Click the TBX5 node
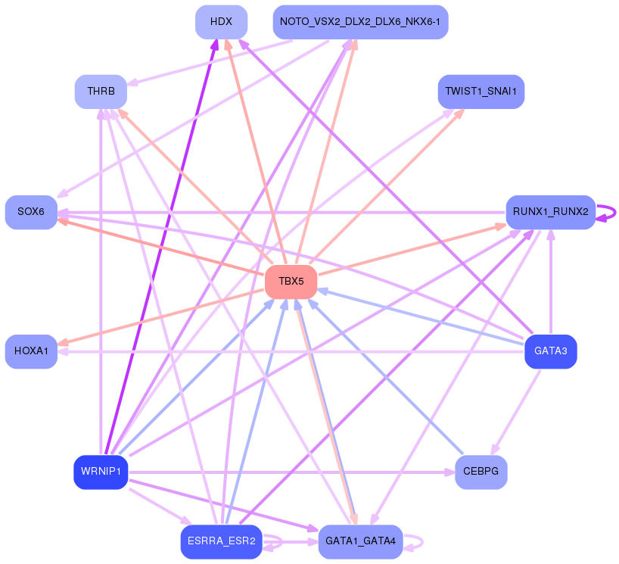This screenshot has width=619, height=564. [x=291, y=282]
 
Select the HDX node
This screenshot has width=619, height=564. [x=221, y=22]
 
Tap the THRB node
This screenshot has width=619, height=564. [x=101, y=92]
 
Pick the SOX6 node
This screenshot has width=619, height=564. [x=31, y=212]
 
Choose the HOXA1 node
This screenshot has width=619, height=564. [x=31, y=351]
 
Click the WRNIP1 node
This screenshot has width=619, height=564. [x=101, y=472]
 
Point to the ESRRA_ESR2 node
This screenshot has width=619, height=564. [x=221, y=542]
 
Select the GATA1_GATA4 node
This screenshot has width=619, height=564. [x=360, y=542]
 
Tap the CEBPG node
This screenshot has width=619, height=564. [x=481, y=472]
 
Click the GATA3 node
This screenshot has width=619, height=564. [x=550, y=351]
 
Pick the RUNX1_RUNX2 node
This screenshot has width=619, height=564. [x=550, y=212]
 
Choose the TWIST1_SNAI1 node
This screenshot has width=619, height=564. [x=481, y=92]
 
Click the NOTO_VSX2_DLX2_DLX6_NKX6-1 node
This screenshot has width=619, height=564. [x=360, y=22]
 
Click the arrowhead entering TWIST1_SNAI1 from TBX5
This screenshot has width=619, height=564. [x=459, y=113]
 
